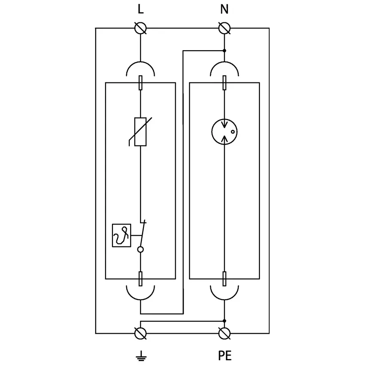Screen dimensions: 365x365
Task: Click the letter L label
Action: (140, 9)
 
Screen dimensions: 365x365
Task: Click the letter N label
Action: (224, 9)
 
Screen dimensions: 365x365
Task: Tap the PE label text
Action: (224, 356)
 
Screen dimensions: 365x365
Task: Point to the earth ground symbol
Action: (140, 356)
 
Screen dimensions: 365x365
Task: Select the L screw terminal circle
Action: (140, 28)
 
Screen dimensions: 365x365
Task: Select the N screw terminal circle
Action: (224, 28)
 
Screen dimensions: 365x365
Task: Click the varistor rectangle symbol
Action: (140, 132)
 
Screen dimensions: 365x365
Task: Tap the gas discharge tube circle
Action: (224, 132)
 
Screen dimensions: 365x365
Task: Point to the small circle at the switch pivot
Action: (140, 249)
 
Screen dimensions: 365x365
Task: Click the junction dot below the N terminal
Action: (224, 51)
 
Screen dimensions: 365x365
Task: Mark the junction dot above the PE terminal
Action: (224, 320)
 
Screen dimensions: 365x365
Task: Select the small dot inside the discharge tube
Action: (232, 132)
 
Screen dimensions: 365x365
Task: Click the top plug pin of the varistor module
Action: (140, 82)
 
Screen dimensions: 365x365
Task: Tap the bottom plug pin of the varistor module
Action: (140, 279)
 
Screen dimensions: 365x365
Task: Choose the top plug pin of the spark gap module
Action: (224, 82)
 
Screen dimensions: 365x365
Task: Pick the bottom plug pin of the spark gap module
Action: (224, 279)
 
